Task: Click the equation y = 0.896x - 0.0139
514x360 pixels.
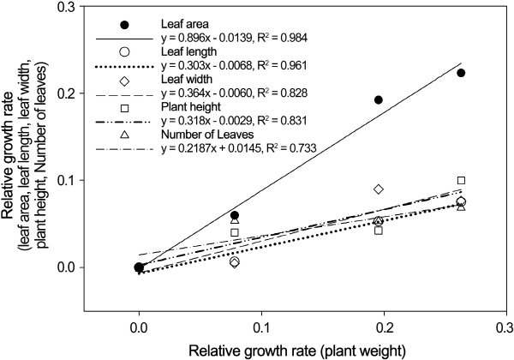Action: tap(236, 41)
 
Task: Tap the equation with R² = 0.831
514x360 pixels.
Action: tap(236, 119)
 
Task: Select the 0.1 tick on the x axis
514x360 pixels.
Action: tap(261, 327)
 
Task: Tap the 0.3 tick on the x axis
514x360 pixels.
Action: tap(505, 327)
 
